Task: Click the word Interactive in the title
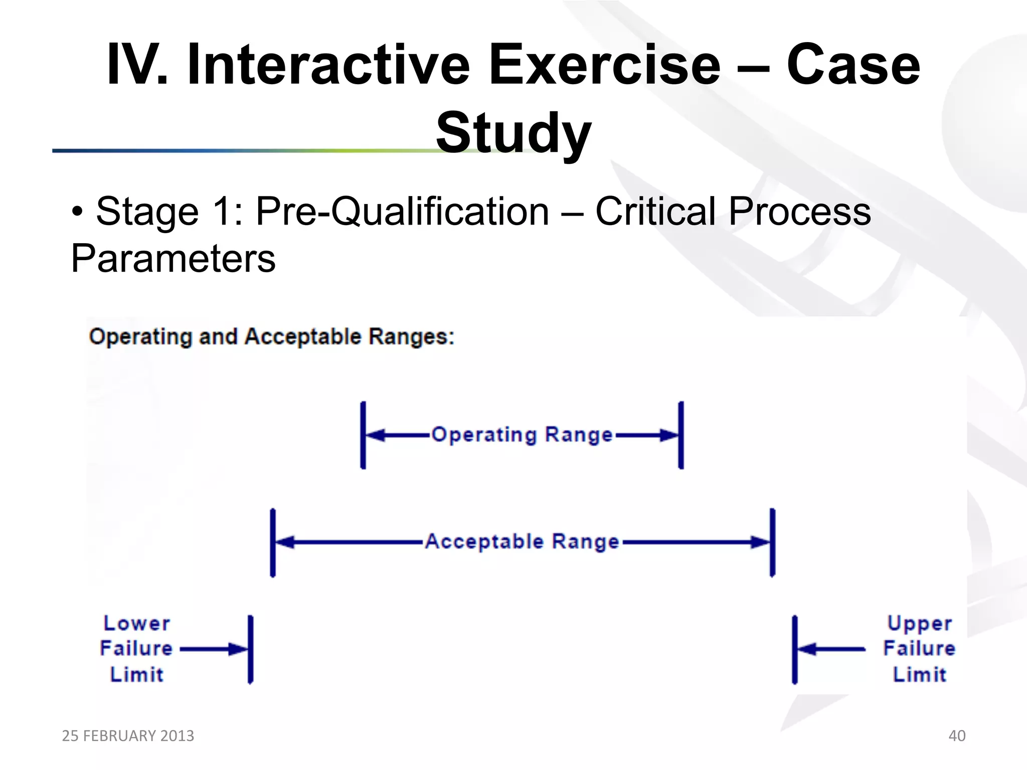(x=328, y=65)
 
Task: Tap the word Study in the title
(x=513, y=133)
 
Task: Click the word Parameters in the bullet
(x=173, y=259)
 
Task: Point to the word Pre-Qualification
(x=402, y=212)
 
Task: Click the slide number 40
(x=957, y=735)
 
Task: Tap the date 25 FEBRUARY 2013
(x=128, y=735)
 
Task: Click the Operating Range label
(x=522, y=435)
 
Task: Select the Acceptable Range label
(x=522, y=542)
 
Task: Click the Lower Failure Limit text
(x=136, y=649)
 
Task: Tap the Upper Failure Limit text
(x=919, y=649)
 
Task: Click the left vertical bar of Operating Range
(x=363, y=435)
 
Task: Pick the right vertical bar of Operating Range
(x=681, y=435)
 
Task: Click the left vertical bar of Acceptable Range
(x=273, y=542)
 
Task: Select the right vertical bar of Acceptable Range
(x=772, y=542)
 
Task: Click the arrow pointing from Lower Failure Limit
(x=213, y=649)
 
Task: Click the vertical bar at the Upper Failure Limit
(x=794, y=649)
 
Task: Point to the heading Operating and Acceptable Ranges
(x=271, y=336)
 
